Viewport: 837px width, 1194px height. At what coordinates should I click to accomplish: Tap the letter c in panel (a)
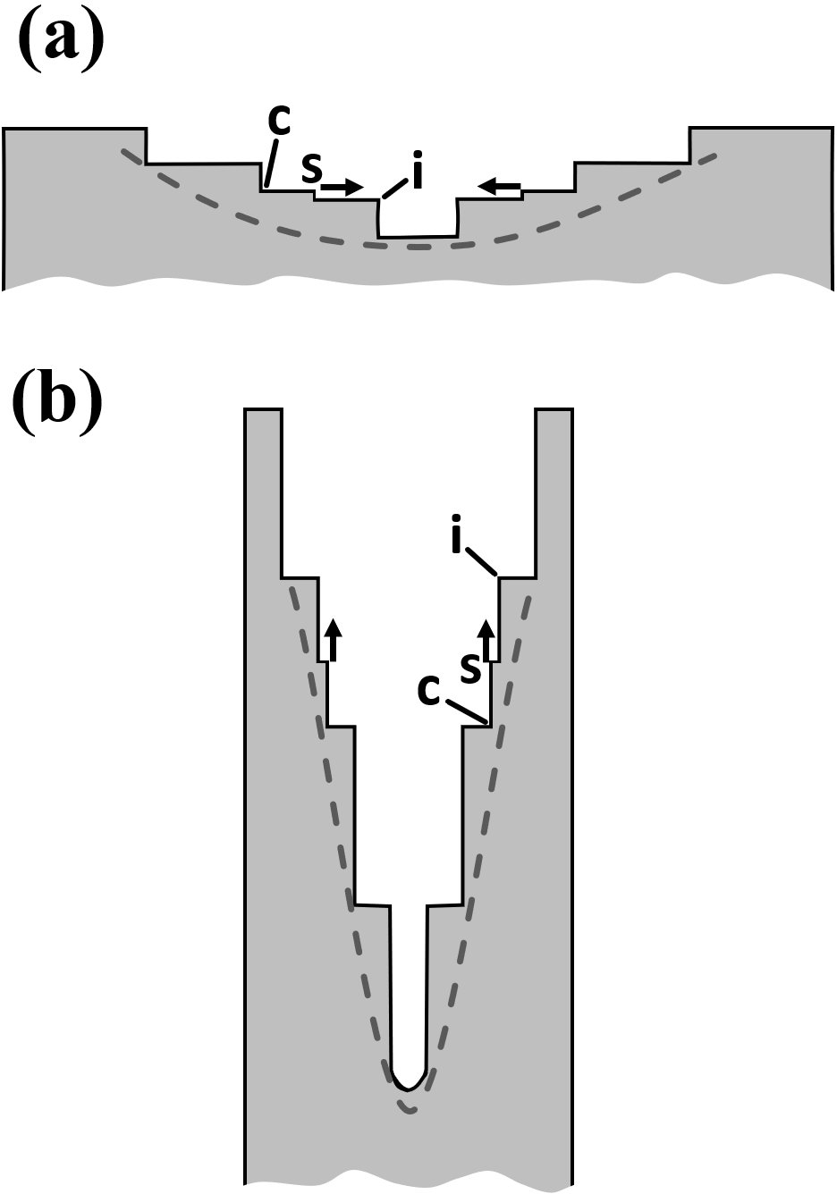coord(280,122)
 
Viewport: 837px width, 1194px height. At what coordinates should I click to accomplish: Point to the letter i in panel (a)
coord(416,174)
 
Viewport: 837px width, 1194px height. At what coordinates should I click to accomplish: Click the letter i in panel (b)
coord(457,539)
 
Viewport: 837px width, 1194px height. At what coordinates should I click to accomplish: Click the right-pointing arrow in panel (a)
coord(342,188)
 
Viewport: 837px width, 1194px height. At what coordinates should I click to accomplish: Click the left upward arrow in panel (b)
coord(333,640)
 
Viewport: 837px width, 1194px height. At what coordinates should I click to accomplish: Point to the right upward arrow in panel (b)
coord(487,640)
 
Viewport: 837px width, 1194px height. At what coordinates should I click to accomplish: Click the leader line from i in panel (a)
coord(394,190)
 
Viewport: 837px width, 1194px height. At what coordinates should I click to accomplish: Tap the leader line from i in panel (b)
coord(482,561)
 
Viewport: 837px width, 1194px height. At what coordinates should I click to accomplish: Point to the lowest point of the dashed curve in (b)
coord(409,1111)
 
